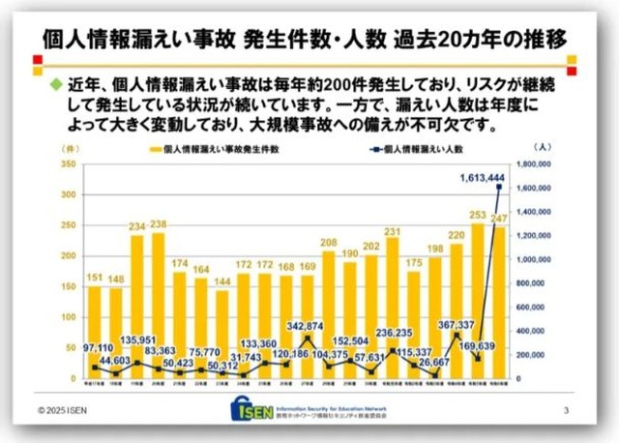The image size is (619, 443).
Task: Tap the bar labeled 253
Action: coord(476,300)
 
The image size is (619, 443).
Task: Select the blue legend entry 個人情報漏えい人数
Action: coord(416,150)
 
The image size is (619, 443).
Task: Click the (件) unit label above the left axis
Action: coord(71,147)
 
